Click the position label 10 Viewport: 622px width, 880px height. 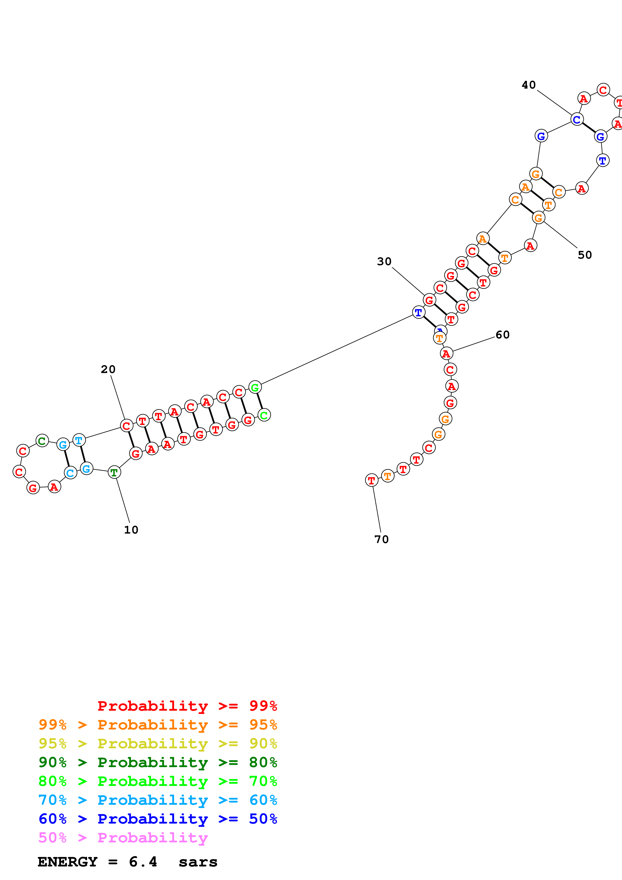(x=131, y=530)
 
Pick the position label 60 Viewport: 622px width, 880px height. (x=502, y=335)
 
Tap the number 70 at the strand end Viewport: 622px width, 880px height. (x=381, y=539)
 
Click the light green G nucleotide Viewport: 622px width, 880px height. (x=255, y=388)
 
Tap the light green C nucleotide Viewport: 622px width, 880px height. (x=264, y=415)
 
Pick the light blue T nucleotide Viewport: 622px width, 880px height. (x=79, y=441)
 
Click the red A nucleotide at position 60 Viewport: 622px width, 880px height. (x=446, y=353)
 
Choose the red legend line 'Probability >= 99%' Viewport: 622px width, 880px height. (x=187, y=706)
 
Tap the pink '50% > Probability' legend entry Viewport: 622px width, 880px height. (x=123, y=838)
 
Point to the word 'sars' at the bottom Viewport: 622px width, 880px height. (x=198, y=862)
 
